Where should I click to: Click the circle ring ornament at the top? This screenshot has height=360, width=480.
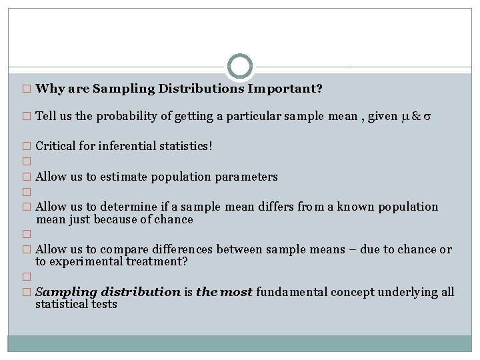pyautogui.click(x=240, y=67)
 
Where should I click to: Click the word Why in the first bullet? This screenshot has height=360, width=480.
pyautogui.click(x=48, y=89)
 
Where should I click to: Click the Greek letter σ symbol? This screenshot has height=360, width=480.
pyautogui.click(x=427, y=117)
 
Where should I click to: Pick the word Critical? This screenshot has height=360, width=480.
pyautogui.click(x=56, y=145)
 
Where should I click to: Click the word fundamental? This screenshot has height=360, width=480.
pyautogui.click(x=293, y=292)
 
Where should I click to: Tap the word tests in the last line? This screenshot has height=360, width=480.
pyautogui.click(x=103, y=304)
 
